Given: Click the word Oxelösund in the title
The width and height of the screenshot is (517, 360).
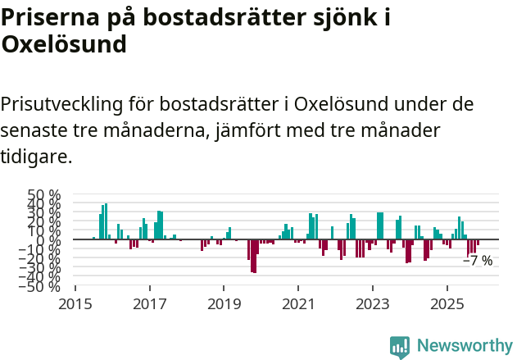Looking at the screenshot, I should click(64, 44).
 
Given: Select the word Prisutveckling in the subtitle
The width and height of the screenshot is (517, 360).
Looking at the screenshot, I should click(61, 105).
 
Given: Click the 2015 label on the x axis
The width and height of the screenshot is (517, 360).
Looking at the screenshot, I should click(75, 304).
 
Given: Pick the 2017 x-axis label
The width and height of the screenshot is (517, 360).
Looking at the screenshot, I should click(150, 304).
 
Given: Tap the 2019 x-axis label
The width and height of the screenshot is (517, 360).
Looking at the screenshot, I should click(224, 304).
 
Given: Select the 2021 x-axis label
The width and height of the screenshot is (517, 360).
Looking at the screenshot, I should click(298, 304).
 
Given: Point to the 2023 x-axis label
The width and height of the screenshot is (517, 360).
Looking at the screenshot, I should click(373, 304).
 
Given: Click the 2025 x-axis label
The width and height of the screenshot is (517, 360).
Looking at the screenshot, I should click(447, 304).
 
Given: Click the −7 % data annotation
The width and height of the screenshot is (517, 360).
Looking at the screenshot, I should click(478, 261).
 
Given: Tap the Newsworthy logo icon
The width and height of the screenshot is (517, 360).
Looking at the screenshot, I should click(400, 346).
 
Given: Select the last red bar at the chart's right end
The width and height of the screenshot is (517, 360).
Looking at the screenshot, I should click(478, 244).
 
